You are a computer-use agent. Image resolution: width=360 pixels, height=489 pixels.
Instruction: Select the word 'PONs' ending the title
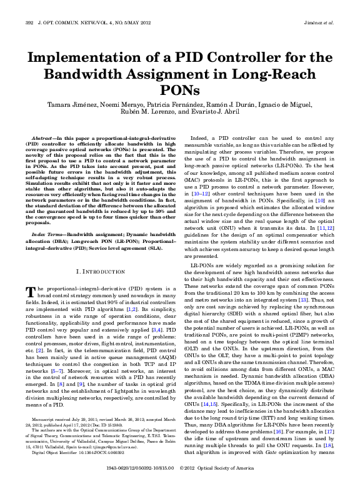click(180, 92)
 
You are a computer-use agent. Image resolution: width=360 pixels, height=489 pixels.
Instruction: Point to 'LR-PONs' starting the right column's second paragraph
click(200, 265)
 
